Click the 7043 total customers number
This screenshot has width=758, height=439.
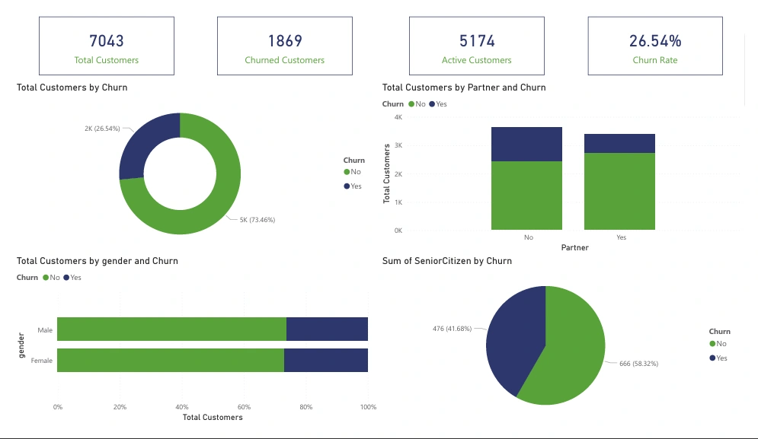pyautogui.click(x=107, y=41)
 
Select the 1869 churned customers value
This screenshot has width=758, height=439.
pyautogui.click(x=285, y=41)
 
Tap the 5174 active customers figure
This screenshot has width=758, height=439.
pyautogui.click(x=477, y=41)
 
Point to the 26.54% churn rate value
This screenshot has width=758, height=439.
pyautogui.click(x=655, y=41)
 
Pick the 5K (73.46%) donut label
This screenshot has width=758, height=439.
pyautogui.click(x=257, y=220)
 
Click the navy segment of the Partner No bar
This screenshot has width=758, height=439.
pyautogui.click(x=526, y=144)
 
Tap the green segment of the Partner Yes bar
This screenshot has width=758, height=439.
pyautogui.click(x=619, y=191)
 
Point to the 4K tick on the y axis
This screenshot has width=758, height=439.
pyautogui.click(x=397, y=117)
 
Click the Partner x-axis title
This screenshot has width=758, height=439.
pyautogui.click(x=574, y=248)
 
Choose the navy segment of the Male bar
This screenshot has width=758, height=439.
pyautogui.click(x=327, y=329)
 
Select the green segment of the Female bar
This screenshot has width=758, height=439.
pyautogui.click(x=170, y=360)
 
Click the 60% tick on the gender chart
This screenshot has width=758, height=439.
pyautogui.click(x=244, y=407)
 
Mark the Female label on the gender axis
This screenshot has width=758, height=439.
pyautogui.click(x=42, y=361)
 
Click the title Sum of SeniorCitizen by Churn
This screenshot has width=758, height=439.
pyautogui.click(x=446, y=261)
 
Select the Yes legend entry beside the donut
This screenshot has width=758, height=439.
pyautogui.click(x=354, y=186)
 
